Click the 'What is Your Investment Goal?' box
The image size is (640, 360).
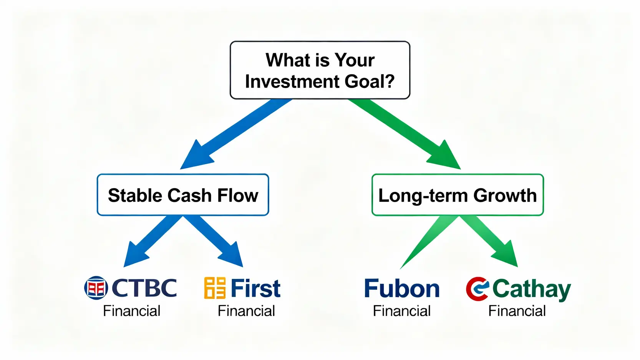(320, 70)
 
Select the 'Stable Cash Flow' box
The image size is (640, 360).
(183, 195)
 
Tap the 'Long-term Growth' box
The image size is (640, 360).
(457, 195)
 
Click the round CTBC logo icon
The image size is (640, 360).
(96, 288)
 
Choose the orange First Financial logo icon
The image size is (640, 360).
(215, 288)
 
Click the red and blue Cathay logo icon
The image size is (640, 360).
(478, 289)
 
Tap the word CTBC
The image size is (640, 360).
(144, 288)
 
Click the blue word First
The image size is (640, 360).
(255, 288)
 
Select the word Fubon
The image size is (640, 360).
(402, 289)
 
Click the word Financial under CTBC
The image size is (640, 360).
(131, 311)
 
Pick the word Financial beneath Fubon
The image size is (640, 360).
(402, 311)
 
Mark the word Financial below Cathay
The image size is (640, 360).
(517, 311)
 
